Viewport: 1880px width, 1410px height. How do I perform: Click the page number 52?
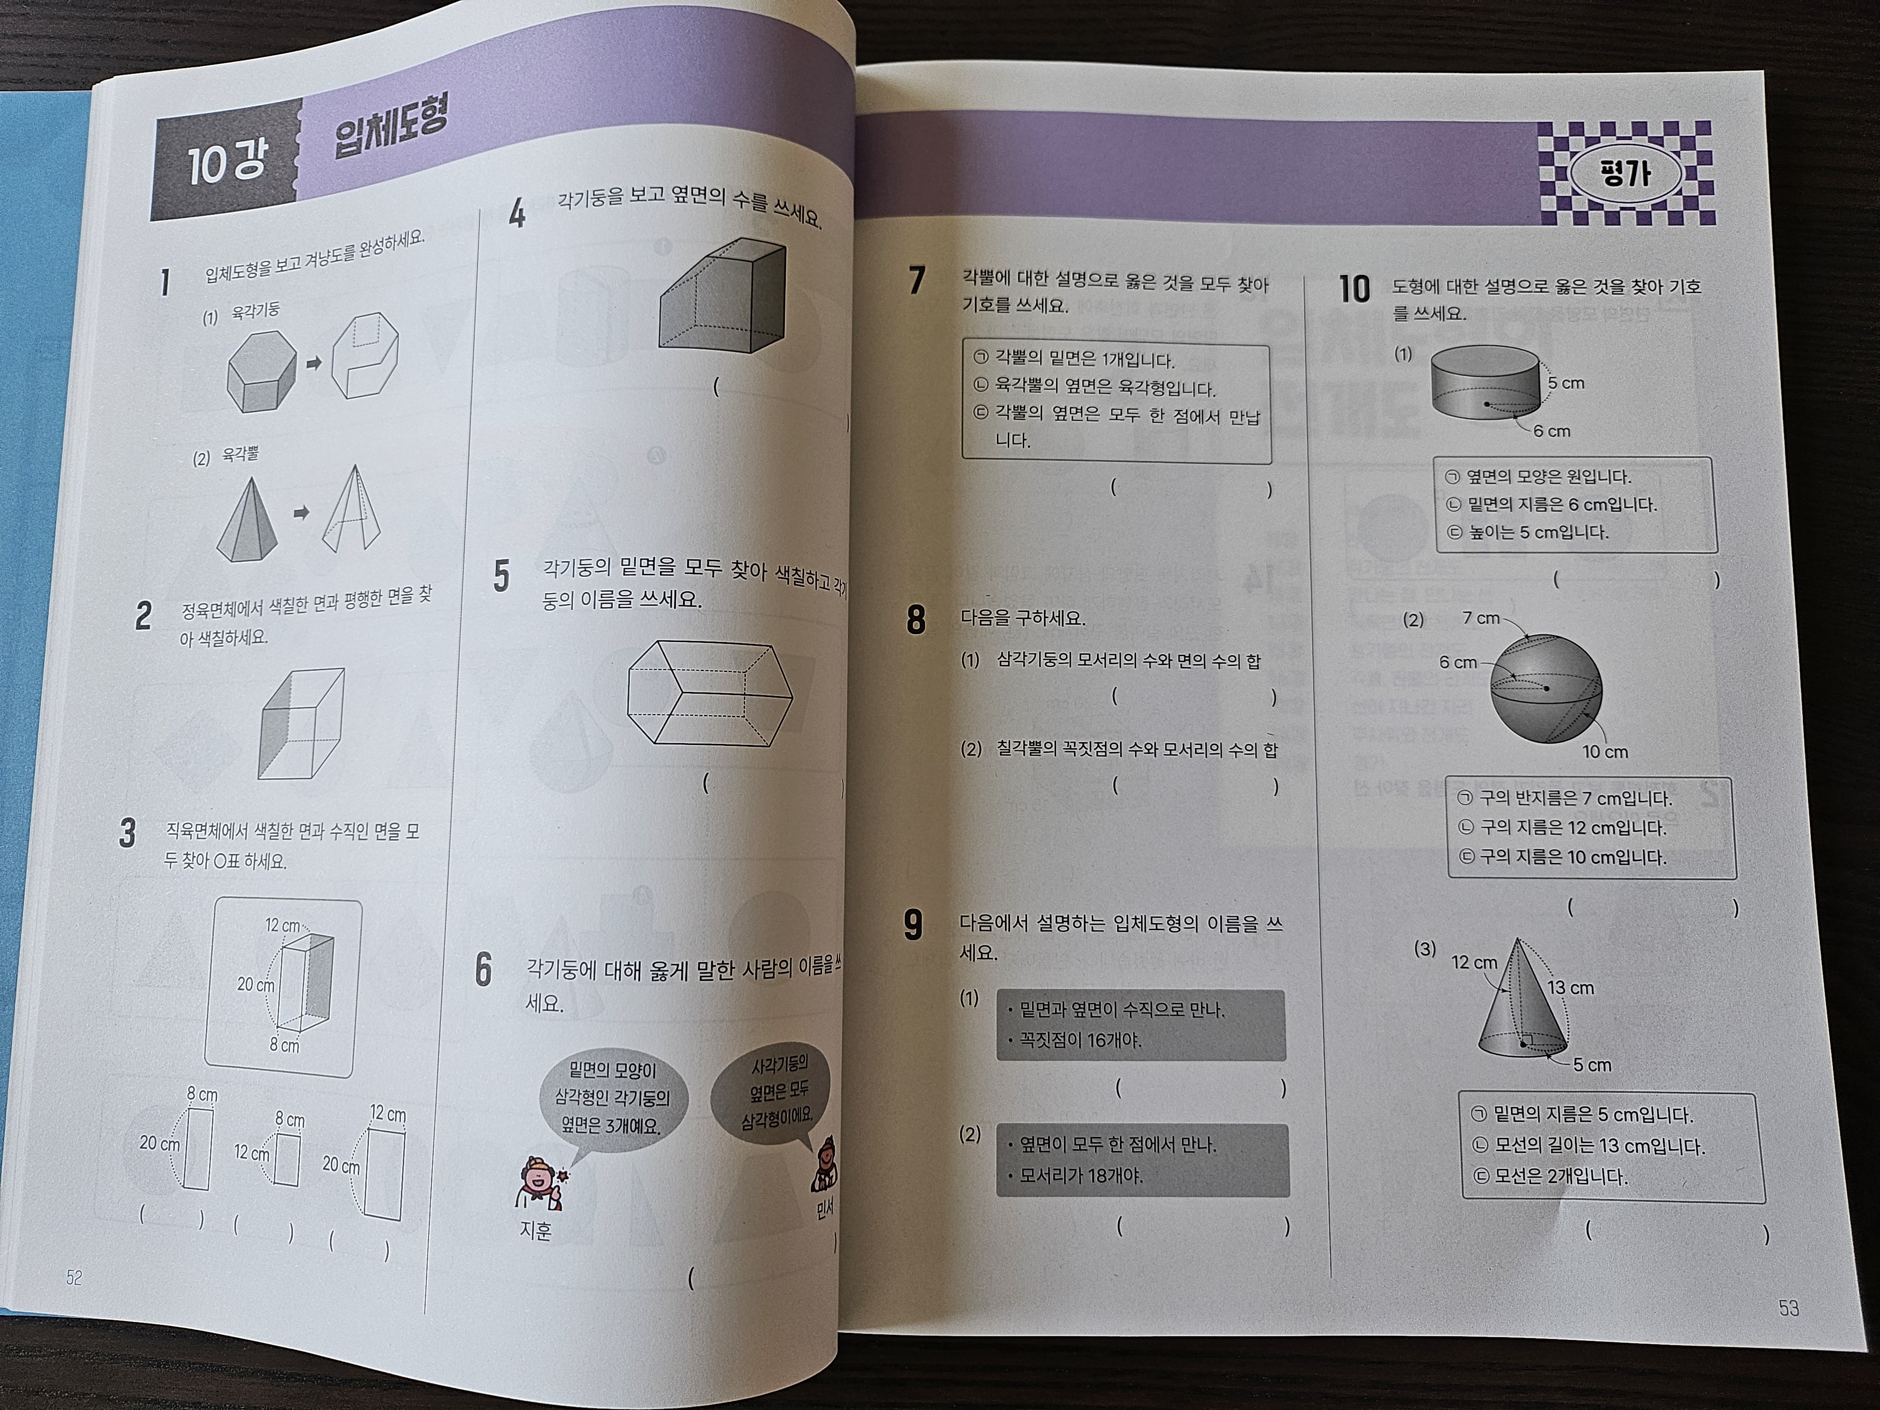[74, 1277]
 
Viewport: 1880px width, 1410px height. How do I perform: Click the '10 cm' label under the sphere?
[1605, 752]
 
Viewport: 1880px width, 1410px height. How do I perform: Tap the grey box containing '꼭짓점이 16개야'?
[1141, 1025]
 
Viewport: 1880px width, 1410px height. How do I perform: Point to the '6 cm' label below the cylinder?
[1552, 431]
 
